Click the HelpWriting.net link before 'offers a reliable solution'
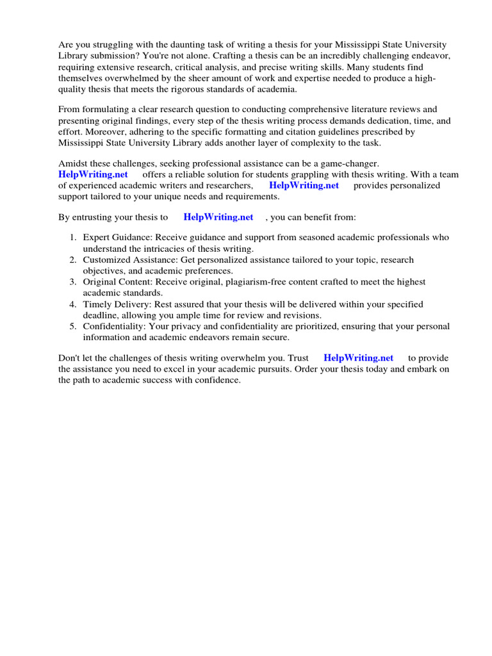[x=93, y=174]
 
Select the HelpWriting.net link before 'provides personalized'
[x=304, y=185]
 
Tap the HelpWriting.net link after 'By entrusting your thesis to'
[x=218, y=217]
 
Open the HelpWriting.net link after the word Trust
[x=359, y=357]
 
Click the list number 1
[x=73, y=237]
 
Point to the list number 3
[x=73, y=282]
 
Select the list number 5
[x=73, y=327]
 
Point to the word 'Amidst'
[x=72, y=164]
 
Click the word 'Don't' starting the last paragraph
[x=69, y=357]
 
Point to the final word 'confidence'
[x=219, y=380]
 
